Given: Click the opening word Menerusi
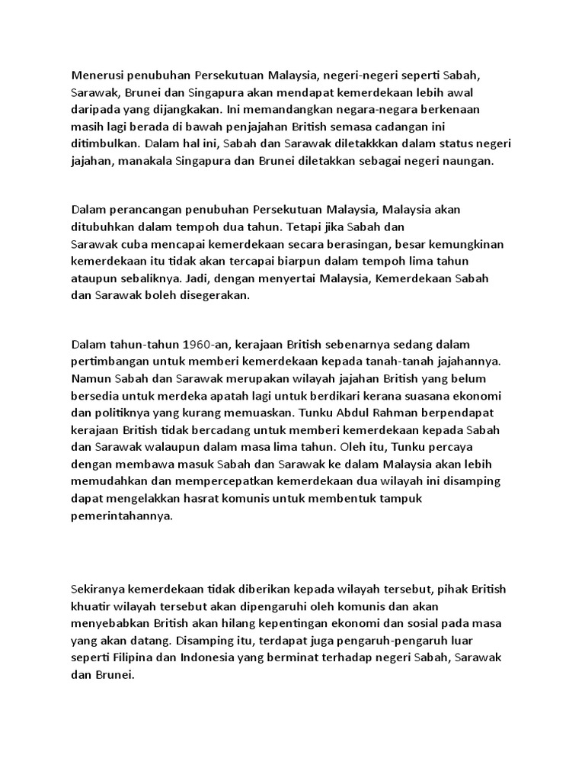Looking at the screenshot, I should click(97, 76).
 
